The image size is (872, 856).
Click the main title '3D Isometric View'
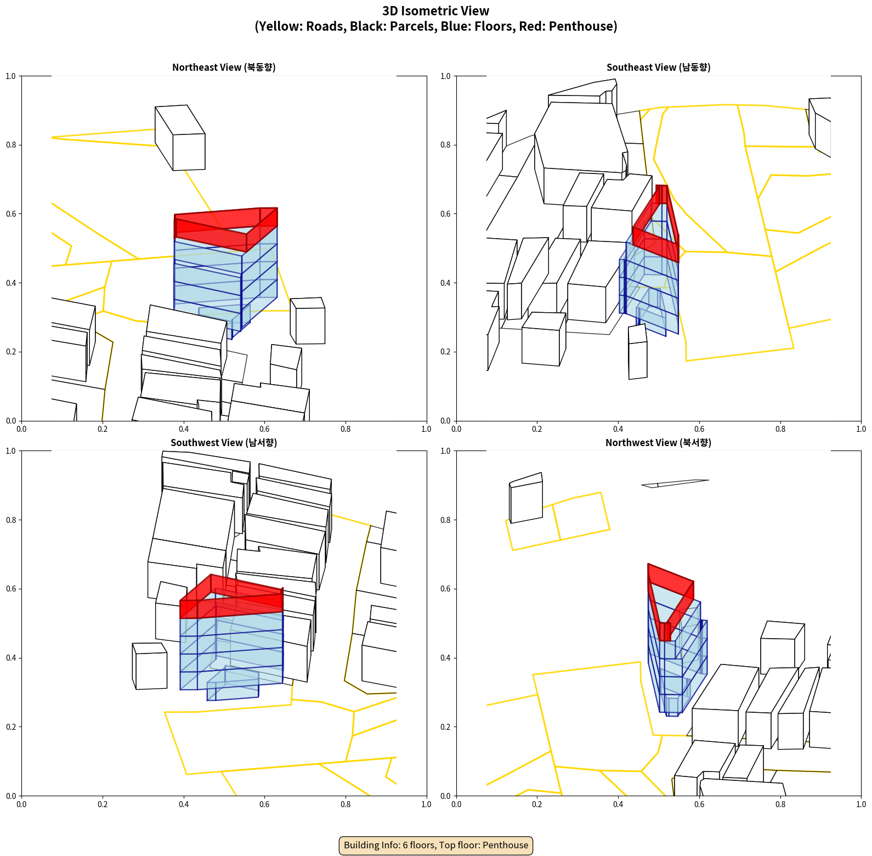pos(436,11)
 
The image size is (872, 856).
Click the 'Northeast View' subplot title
pos(224,67)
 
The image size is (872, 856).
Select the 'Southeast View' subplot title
pos(658,67)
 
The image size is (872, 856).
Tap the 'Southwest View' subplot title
pos(224,442)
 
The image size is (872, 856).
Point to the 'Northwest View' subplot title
pos(658,442)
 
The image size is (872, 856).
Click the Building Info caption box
pos(436,845)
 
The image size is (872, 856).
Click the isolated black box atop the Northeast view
pos(180,138)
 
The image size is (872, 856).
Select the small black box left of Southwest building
pos(150,666)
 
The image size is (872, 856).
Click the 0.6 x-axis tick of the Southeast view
pos(699,429)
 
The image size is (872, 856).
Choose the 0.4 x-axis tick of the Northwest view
pos(618,804)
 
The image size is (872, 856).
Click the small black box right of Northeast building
pos(308,321)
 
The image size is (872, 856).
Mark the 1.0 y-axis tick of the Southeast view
pos(446,76)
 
